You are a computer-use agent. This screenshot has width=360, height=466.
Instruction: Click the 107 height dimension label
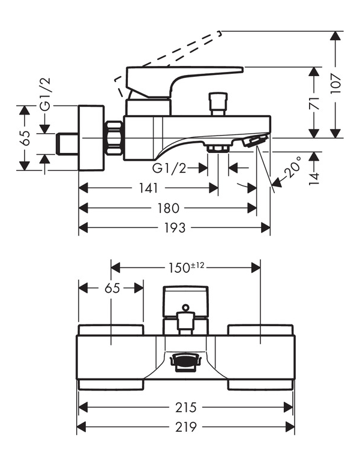(335, 83)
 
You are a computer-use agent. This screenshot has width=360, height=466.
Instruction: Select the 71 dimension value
(314, 103)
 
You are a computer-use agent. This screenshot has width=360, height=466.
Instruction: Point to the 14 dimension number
(314, 178)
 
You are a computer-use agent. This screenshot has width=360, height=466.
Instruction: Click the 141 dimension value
(148, 188)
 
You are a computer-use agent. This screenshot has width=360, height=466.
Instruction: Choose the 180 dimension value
(168, 208)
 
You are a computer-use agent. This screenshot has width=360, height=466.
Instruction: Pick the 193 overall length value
(175, 228)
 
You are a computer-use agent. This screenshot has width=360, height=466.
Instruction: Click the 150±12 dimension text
(187, 267)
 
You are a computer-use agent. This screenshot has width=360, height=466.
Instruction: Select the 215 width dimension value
(186, 407)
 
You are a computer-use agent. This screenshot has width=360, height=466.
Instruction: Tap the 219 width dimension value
(186, 427)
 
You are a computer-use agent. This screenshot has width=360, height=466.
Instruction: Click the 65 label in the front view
(112, 288)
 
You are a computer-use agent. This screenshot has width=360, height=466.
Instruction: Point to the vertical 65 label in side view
(26, 138)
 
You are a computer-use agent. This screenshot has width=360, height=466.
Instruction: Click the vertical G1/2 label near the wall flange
(46, 94)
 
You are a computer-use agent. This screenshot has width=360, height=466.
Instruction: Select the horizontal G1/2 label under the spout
(169, 168)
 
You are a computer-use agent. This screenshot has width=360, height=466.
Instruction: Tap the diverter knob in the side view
(218, 104)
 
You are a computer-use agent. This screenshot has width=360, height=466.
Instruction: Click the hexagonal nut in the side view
(115, 137)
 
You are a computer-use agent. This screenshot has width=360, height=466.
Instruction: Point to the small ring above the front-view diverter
(185, 307)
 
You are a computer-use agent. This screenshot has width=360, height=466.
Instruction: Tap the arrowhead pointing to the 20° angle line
(277, 182)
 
